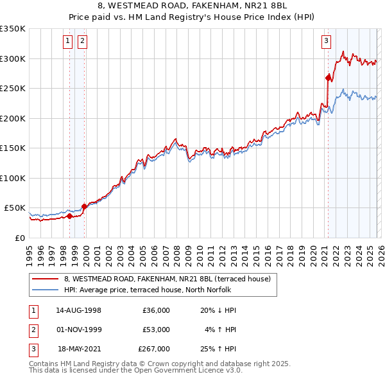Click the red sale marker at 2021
pos(328,78)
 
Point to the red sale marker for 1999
pos(83,206)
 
